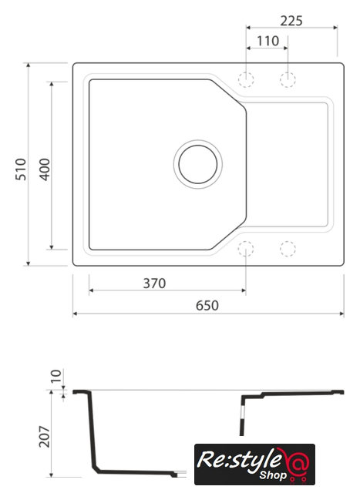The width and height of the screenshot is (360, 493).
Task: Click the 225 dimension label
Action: coord(291,21)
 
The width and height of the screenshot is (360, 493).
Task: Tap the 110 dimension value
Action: coord(267,41)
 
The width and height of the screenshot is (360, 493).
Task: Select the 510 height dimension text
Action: coord(21,169)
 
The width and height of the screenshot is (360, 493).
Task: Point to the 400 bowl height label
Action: coord(45,169)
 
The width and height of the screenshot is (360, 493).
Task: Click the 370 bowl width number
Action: coord(154,283)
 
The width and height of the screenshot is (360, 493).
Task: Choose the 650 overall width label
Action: coord(207,306)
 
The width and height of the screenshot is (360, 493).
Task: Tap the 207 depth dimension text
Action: coord(45,437)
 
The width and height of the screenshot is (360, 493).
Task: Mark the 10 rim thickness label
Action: coord(56,376)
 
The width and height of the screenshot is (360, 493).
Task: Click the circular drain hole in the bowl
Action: coord(198,164)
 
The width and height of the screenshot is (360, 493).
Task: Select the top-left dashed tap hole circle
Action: coord(246,79)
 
